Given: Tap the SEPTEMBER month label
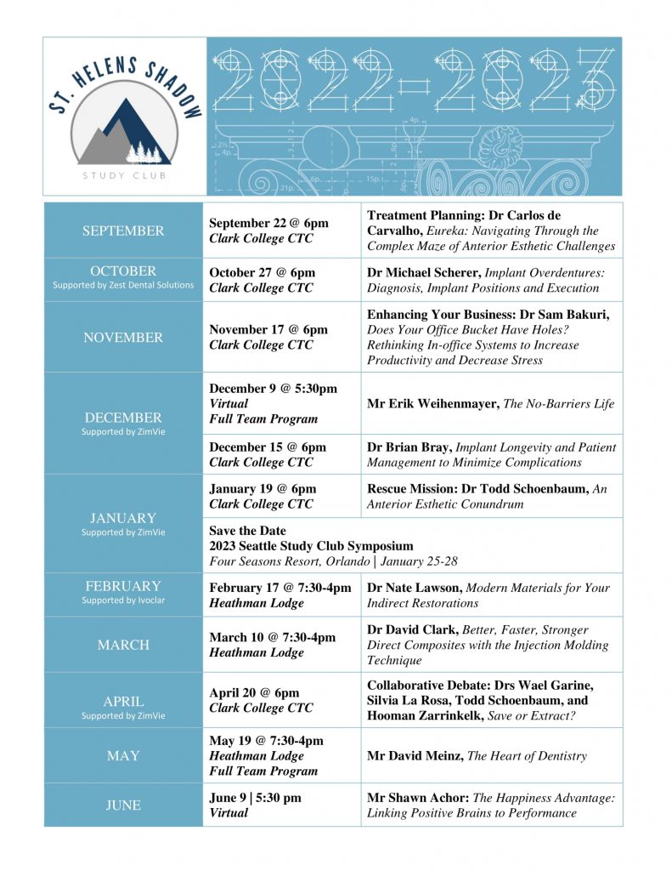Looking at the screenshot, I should click(x=123, y=231).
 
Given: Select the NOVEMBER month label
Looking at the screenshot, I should click(x=123, y=338).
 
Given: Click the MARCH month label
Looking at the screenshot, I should click(x=123, y=645).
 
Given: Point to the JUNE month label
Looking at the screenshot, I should click(x=123, y=805).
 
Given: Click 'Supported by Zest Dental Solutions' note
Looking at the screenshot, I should click(x=123, y=285).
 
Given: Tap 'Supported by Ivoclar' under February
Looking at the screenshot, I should click(x=123, y=601).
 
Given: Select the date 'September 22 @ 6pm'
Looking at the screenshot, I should click(x=268, y=223).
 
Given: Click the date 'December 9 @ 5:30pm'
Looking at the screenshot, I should click(x=273, y=388).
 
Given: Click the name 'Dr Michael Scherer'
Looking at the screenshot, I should click(x=424, y=272).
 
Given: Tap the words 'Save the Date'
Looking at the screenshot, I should click(x=247, y=531).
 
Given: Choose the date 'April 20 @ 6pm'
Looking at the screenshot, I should click(x=254, y=692).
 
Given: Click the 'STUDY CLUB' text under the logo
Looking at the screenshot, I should click(x=124, y=176).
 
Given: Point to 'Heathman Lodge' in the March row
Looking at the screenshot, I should click(x=256, y=652).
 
